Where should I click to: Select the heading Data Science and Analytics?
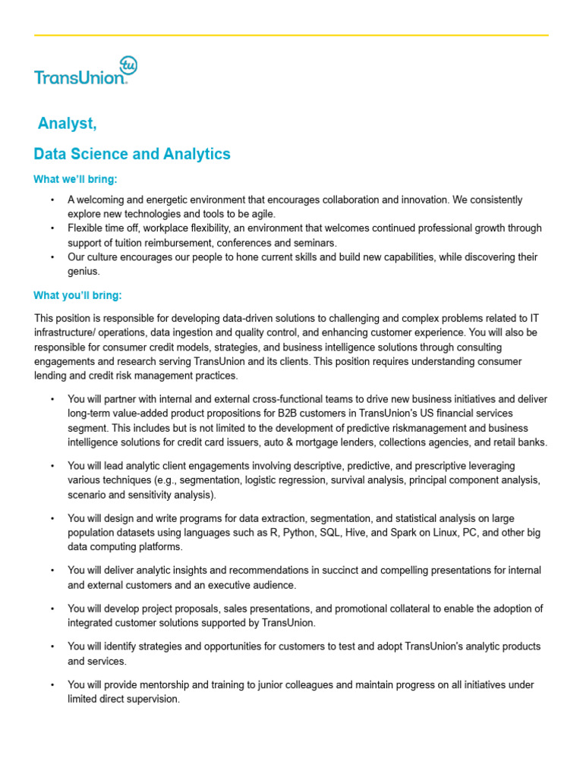tap(132, 154)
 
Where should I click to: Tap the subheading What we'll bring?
tap(76, 180)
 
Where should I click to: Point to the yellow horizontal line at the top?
tap(291, 35)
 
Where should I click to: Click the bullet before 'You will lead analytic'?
tap(52, 466)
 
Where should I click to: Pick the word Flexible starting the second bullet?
tap(87, 228)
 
